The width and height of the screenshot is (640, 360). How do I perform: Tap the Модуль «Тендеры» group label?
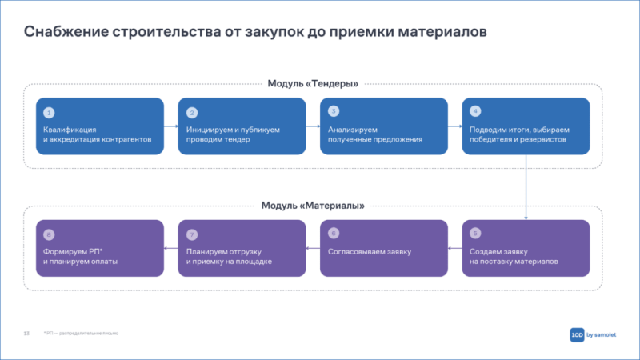(x=312, y=83)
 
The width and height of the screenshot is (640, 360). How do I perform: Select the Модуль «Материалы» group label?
(x=313, y=206)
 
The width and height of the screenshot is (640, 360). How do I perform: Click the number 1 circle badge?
(x=49, y=112)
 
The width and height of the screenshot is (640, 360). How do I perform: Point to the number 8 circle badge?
(x=49, y=234)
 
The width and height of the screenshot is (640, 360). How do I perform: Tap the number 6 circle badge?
(x=334, y=234)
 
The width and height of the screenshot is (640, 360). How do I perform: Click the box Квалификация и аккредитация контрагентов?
(x=99, y=126)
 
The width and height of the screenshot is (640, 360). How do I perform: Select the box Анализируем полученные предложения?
(x=383, y=126)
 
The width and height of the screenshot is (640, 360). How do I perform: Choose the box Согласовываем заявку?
(x=383, y=248)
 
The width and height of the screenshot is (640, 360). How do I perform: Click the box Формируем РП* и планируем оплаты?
(x=99, y=248)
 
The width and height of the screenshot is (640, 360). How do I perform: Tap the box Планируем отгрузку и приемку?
(x=241, y=248)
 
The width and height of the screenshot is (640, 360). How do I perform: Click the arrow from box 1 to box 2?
(x=170, y=126)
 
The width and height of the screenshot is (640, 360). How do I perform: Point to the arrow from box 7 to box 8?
(x=170, y=249)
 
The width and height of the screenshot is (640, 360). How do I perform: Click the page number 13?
(x=26, y=333)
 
